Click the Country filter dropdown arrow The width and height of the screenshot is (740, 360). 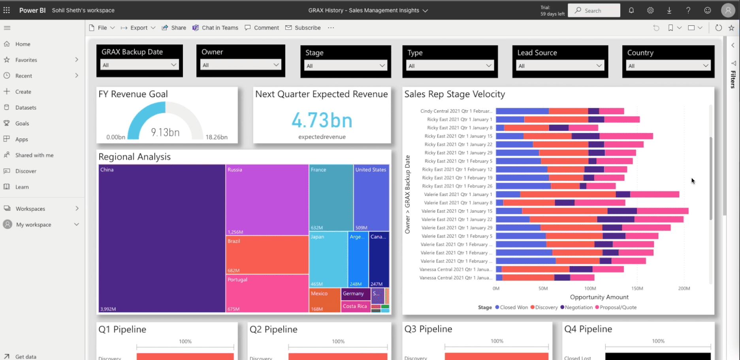click(x=706, y=66)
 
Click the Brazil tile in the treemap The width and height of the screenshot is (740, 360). click(x=267, y=255)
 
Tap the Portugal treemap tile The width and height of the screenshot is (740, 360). click(x=267, y=293)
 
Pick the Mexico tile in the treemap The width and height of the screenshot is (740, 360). click(x=324, y=300)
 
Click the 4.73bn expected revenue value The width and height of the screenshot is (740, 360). click(x=322, y=120)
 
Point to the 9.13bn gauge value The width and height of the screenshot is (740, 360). click(x=165, y=132)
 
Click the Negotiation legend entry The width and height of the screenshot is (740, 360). click(x=578, y=307)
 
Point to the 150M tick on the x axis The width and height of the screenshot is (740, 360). click(x=637, y=288)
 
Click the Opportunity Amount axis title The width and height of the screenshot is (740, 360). click(x=599, y=297)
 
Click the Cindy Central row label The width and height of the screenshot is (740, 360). click(x=456, y=111)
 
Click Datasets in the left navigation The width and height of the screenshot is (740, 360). click(x=26, y=107)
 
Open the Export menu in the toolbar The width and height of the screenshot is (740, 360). click(x=138, y=28)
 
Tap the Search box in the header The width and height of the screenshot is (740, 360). click(x=594, y=11)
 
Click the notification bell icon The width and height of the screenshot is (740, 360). click(x=631, y=11)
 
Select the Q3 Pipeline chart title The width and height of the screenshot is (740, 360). click(x=428, y=329)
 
